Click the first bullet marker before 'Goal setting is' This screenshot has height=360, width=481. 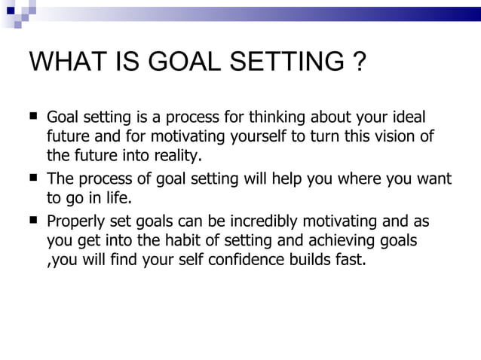tap(33, 117)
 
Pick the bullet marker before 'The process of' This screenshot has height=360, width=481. tap(33, 179)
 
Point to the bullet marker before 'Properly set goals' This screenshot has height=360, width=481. tap(33, 221)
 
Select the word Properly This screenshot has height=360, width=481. tap(77, 222)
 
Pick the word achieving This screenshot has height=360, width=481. tap(335, 242)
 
